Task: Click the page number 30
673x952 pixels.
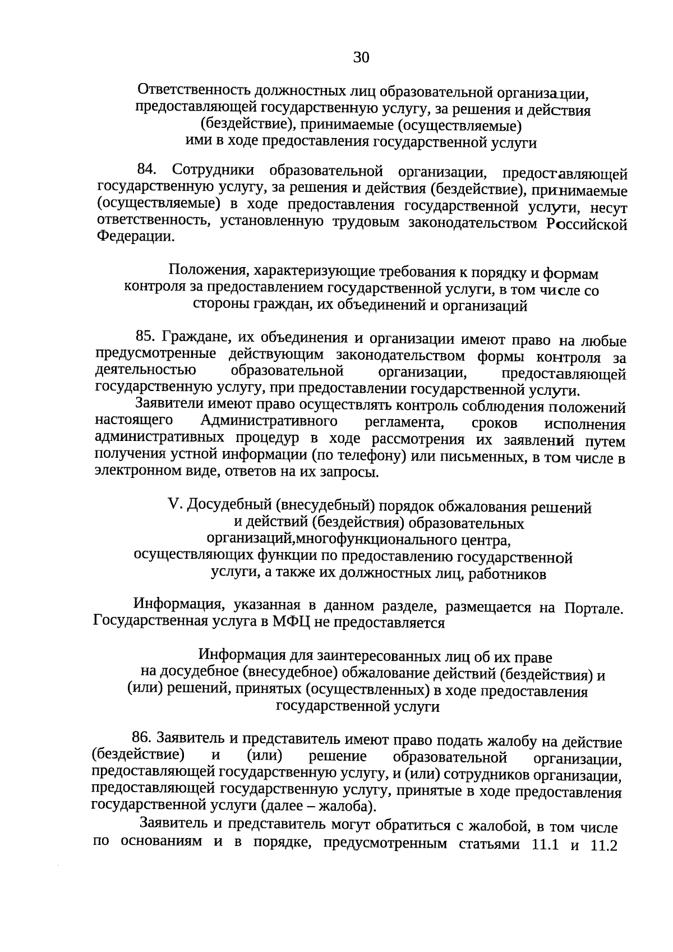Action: pyautogui.click(x=361, y=57)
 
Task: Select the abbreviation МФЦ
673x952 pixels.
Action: pyautogui.click(x=291, y=623)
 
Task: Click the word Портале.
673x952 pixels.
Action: pyautogui.click(x=594, y=609)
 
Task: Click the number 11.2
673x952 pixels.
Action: pyautogui.click(x=604, y=861)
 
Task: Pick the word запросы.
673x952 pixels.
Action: pyautogui.click(x=351, y=472)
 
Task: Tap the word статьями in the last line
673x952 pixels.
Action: pyautogui.click(x=487, y=859)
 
